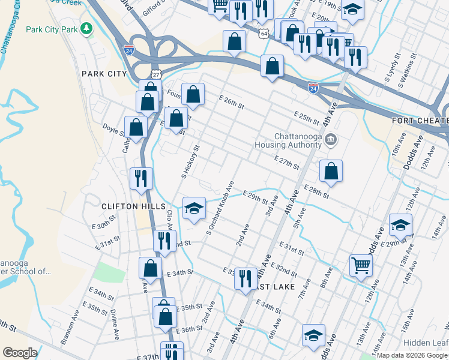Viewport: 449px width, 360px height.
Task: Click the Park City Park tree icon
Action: [87, 28]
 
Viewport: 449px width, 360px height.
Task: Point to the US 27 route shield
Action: [156, 74]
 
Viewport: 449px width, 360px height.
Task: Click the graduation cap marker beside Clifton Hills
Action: [193, 209]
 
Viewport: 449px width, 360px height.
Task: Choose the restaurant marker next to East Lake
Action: [245, 279]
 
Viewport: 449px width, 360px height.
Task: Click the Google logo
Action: [20, 353]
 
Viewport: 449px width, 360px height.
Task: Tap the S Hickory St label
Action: [190, 161]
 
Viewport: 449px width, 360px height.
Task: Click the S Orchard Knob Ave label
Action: [220, 207]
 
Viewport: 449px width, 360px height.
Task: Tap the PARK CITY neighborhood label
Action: [104, 74]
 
